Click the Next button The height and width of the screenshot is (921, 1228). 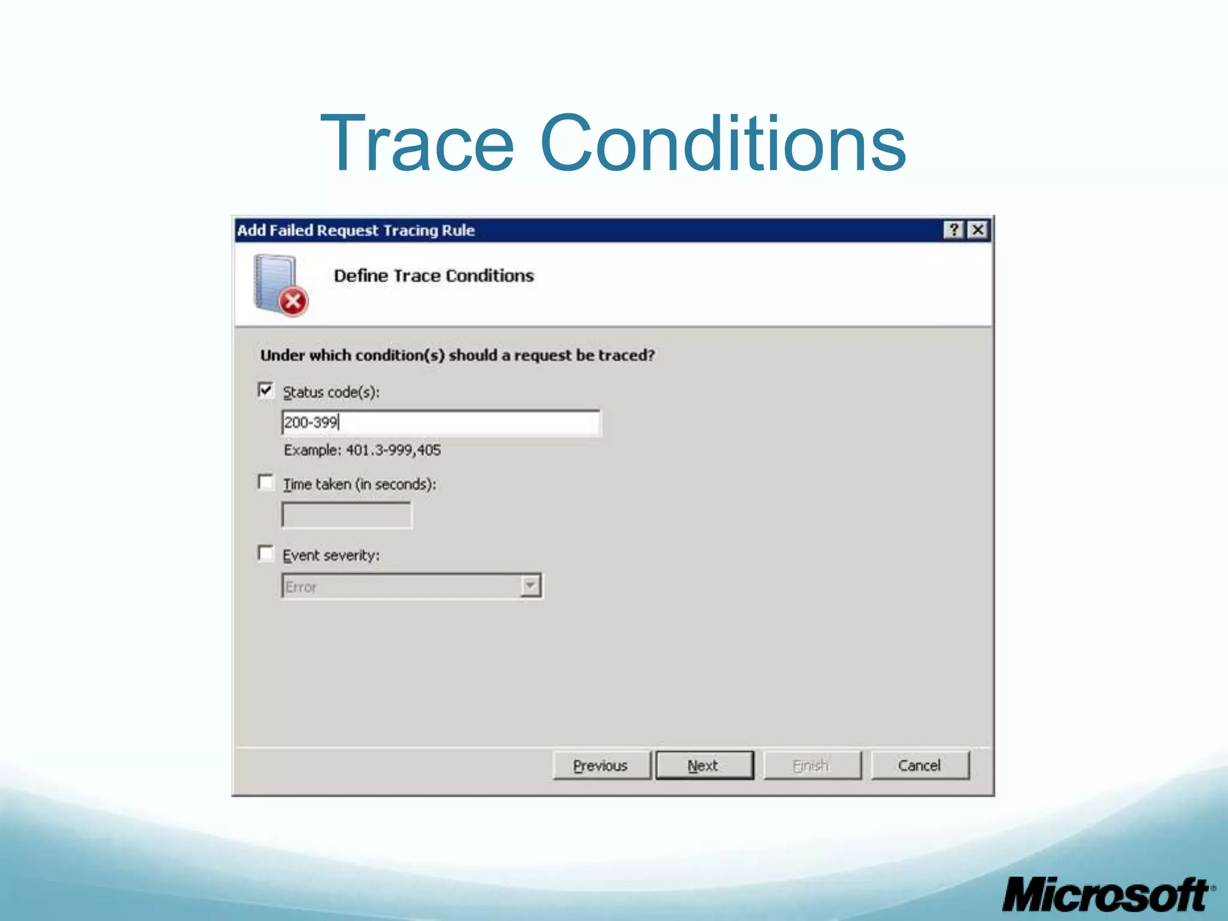(704, 766)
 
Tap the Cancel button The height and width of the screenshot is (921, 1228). (919, 766)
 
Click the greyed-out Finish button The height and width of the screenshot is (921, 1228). (811, 766)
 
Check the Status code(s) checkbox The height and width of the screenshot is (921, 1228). (266, 390)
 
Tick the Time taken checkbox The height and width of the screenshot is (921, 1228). (266, 482)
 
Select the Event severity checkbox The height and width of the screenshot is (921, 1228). (266, 553)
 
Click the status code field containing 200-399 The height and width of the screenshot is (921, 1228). (441, 423)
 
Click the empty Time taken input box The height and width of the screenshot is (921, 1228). (347, 515)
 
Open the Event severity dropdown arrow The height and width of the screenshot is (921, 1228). (530, 586)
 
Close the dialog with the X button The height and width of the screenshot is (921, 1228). (978, 230)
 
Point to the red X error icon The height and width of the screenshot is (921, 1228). (293, 302)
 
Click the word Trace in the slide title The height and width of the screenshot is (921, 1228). (417, 144)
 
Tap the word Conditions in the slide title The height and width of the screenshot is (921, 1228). (723, 144)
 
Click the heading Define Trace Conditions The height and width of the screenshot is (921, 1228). (434, 276)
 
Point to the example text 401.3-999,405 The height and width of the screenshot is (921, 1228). (393, 450)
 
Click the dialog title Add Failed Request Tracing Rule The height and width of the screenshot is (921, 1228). (356, 230)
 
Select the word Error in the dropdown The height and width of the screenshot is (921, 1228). (300, 587)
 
